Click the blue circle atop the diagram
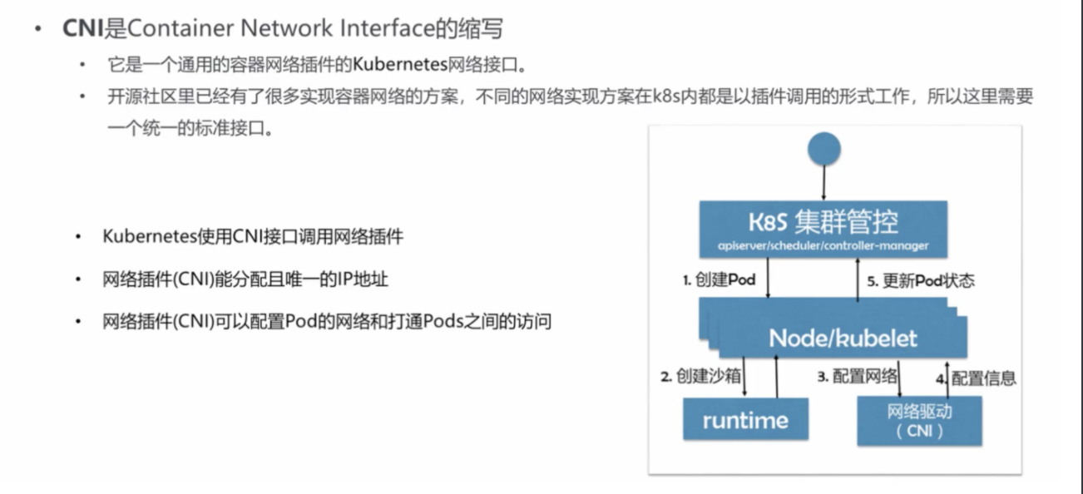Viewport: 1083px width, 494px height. (x=824, y=150)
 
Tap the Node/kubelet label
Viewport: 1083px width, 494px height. (x=843, y=338)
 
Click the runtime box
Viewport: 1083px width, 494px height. (x=745, y=419)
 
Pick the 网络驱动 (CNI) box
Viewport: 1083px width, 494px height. (x=919, y=421)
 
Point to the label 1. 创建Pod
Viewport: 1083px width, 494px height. (x=719, y=280)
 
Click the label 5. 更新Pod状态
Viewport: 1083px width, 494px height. (x=921, y=281)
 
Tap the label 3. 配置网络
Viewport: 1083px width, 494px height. (x=857, y=377)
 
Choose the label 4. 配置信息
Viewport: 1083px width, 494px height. (x=976, y=378)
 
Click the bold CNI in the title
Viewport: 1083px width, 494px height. (x=82, y=27)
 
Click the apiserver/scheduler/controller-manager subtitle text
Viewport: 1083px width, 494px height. (x=823, y=246)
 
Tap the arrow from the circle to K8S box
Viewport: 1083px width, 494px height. (x=824, y=181)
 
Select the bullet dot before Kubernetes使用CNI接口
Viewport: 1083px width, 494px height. (x=77, y=237)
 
